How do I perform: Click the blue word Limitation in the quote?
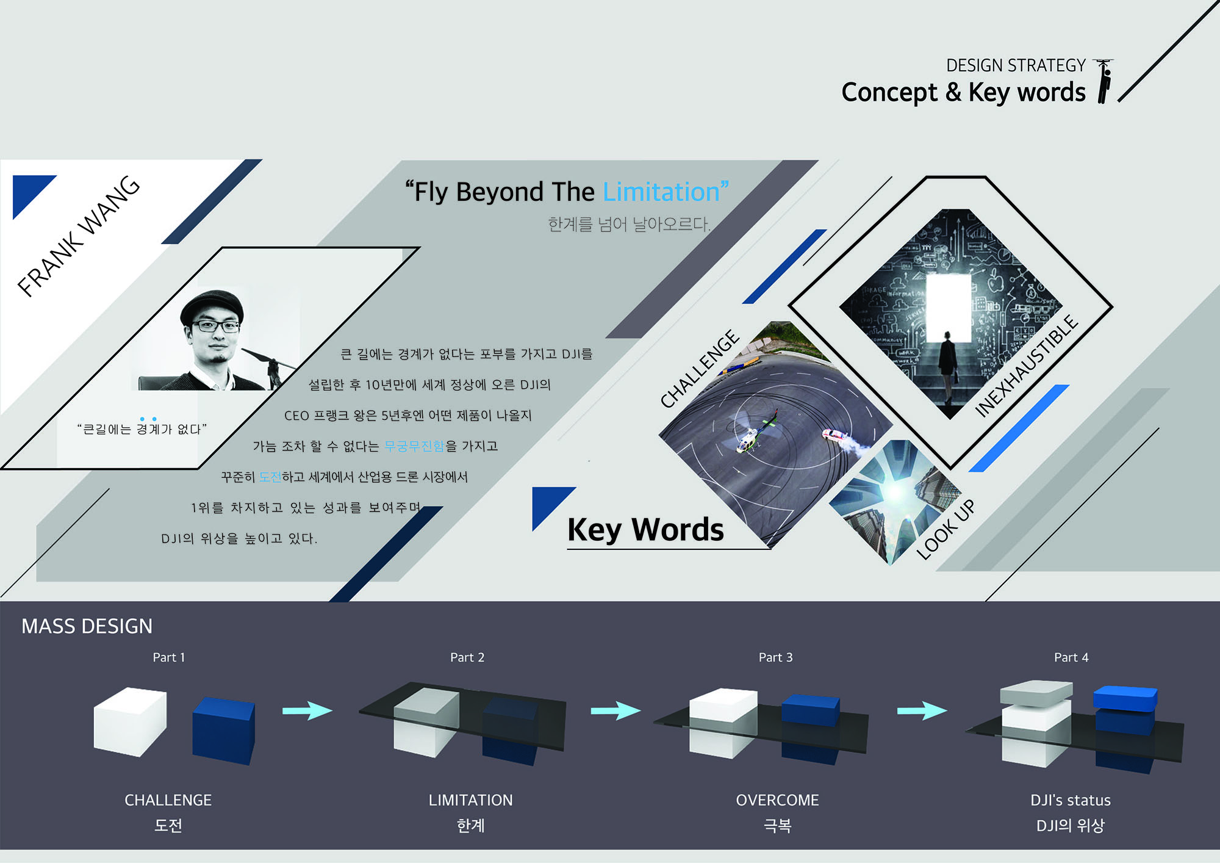[x=662, y=192]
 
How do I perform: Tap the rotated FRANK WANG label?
[x=79, y=236]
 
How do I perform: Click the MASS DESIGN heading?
[x=87, y=626]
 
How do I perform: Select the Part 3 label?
[x=775, y=657]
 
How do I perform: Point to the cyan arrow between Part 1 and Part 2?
[x=307, y=710]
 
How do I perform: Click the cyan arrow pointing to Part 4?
[x=922, y=710]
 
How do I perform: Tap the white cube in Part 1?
[x=130, y=722]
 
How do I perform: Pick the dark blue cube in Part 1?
[x=223, y=731]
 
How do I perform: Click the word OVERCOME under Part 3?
[x=777, y=800]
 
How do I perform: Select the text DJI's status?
[x=1071, y=800]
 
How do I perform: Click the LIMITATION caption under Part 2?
[x=470, y=800]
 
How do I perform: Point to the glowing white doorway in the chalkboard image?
[x=949, y=308]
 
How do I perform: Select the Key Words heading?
[x=645, y=529]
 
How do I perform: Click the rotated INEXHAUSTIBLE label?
[x=1026, y=366]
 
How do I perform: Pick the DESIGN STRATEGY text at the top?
[x=1016, y=65]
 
